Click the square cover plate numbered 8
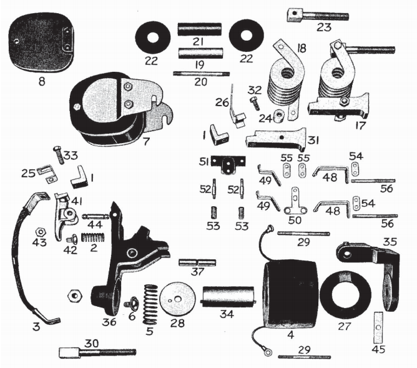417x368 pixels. [41, 44]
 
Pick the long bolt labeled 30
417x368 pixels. [97, 352]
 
